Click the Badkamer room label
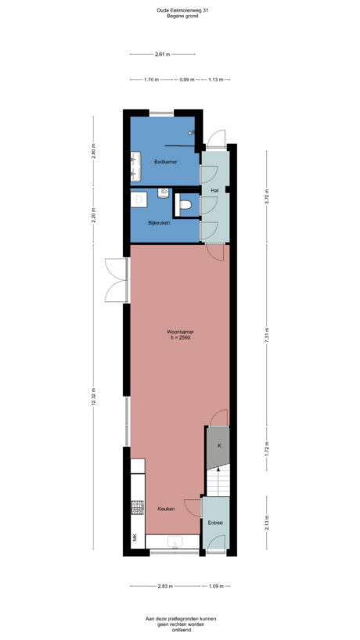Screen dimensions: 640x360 point(165,162)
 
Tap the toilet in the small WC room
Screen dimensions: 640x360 point(185,205)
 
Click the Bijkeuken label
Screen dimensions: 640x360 point(160,223)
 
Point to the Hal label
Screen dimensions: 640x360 point(214,190)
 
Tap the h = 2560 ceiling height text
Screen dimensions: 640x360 point(179,338)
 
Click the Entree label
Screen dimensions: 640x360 point(215,523)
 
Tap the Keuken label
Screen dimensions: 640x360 point(166,509)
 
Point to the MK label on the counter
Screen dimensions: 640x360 point(135,538)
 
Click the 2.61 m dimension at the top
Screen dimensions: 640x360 point(163,54)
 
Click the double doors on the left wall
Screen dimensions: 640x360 point(116,281)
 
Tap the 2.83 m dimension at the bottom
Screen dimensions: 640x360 point(164,585)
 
